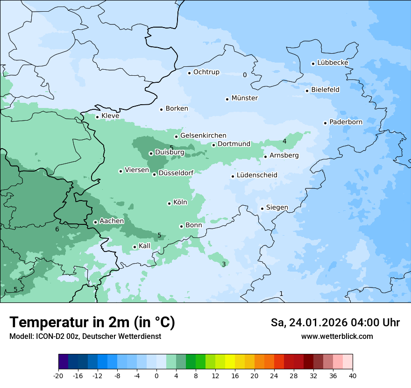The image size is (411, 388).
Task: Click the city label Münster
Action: [244, 98]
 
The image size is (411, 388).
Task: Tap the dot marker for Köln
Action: [169, 203]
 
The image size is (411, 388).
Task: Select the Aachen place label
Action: [112, 221]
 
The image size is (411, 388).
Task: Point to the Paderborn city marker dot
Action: [325, 123]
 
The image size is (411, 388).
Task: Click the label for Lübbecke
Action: [333, 63]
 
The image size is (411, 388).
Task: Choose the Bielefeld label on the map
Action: [325, 90]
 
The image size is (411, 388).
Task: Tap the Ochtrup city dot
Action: [189, 72]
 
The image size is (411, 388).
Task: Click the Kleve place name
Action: [110, 116]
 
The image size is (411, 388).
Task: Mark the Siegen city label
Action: [277, 208]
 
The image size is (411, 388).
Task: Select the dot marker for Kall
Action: [135, 247]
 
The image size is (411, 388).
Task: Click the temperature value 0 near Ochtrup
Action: [245, 75]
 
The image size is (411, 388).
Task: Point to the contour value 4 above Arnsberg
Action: [284, 141]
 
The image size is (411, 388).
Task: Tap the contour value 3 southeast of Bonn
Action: [224, 264]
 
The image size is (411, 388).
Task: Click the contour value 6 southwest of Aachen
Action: [57, 229]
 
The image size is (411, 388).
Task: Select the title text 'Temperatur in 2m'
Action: [71, 322]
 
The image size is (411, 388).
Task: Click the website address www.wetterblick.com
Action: [337, 336]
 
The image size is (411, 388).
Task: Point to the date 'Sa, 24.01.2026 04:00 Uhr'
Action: [335, 323]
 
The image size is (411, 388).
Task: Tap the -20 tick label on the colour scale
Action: [58, 375]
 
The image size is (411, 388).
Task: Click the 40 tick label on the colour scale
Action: [352, 375]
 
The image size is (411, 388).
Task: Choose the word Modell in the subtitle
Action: [20, 336]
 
